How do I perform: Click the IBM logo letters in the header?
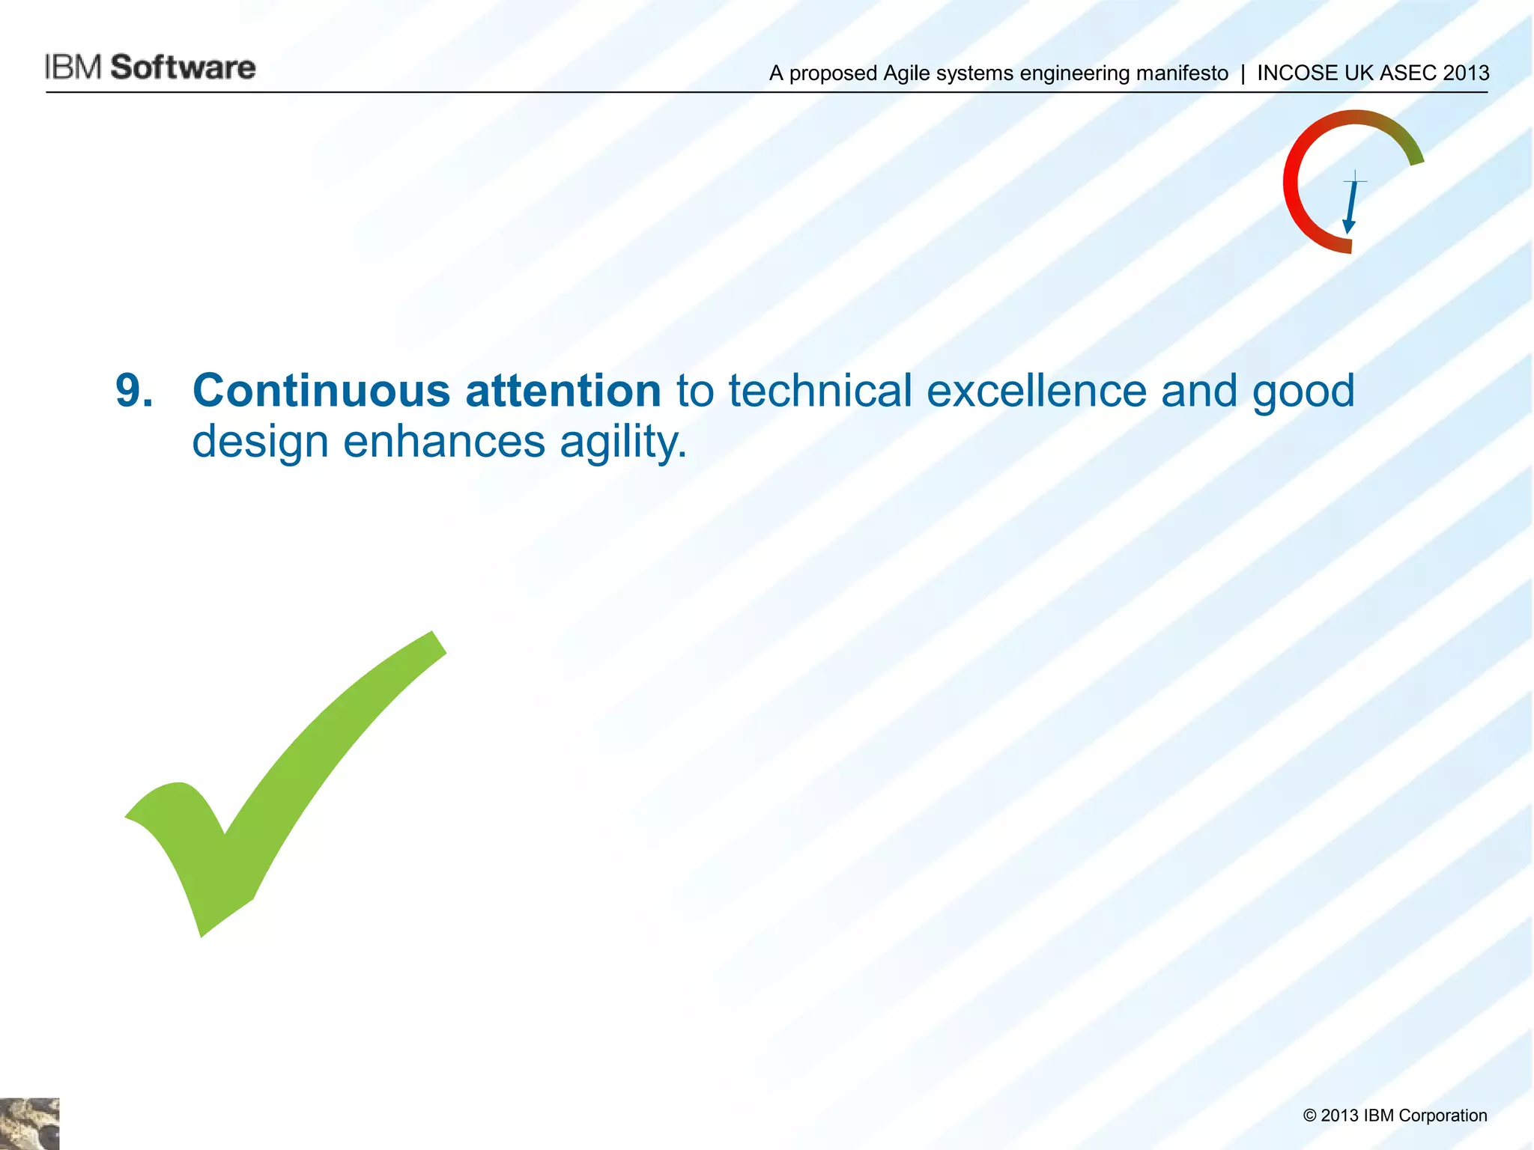[x=73, y=67]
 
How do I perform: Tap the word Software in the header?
[x=184, y=67]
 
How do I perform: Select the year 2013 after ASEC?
[x=1466, y=73]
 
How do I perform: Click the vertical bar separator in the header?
[x=1243, y=73]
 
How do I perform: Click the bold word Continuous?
[x=321, y=391]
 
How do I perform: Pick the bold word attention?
[x=563, y=391]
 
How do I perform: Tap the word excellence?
[x=1036, y=391]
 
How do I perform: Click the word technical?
[x=820, y=391]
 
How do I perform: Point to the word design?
[x=260, y=442]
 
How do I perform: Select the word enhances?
[x=444, y=442]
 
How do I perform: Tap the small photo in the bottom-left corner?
[x=29, y=1123]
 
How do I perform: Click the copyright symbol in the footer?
[x=1309, y=1116]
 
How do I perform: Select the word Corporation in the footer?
[x=1442, y=1116]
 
